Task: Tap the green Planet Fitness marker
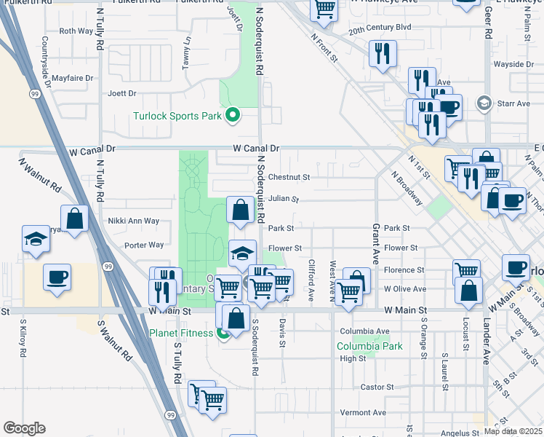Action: pyautogui.click(x=223, y=334)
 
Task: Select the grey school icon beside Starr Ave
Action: pyautogui.click(x=483, y=103)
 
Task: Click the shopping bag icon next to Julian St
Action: pyautogui.click(x=240, y=210)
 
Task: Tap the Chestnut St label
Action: pyautogui.click(x=289, y=177)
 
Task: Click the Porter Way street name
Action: pyautogui.click(x=144, y=245)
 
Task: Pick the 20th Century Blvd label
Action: pyautogui.click(x=380, y=27)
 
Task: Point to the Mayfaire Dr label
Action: pyautogui.click(x=73, y=77)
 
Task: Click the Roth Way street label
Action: pyautogui.click(x=76, y=31)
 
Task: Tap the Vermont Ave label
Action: pyautogui.click(x=363, y=412)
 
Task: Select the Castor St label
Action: pyautogui.click(x=377, y=387)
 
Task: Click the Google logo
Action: pyautogui.click(x=25, y=428)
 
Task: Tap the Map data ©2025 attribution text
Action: pyautogui.click(x=513, y=431)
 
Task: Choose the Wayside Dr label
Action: pyautogui.click(x=513, y=64)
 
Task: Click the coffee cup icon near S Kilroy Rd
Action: pyautogui.click(x=57, y=277)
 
